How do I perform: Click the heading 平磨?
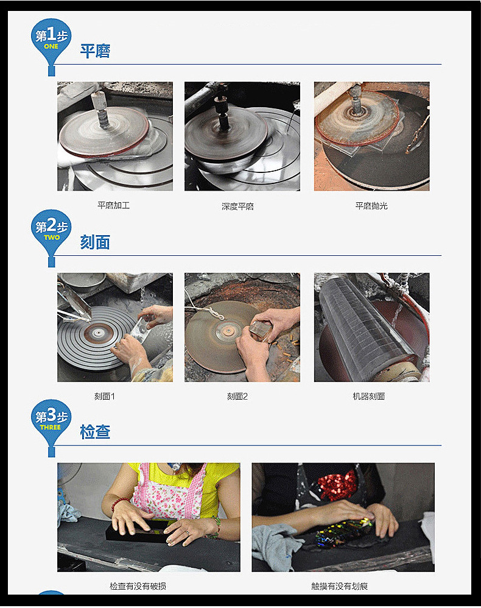point(95,51)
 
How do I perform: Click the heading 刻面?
point(95,242)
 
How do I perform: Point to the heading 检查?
point(95,433)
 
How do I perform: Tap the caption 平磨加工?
point(113,205)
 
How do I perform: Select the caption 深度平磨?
point(237,207)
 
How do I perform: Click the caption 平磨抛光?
point(371,206)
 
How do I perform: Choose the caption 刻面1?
point(104,396)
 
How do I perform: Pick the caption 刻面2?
point(237,396)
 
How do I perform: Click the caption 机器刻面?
point(368,396)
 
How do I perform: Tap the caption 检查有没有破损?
point(138,586)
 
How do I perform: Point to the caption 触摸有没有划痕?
point(339,586)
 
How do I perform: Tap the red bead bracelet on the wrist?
point(119,503)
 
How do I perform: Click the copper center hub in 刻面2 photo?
point(229,331)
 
